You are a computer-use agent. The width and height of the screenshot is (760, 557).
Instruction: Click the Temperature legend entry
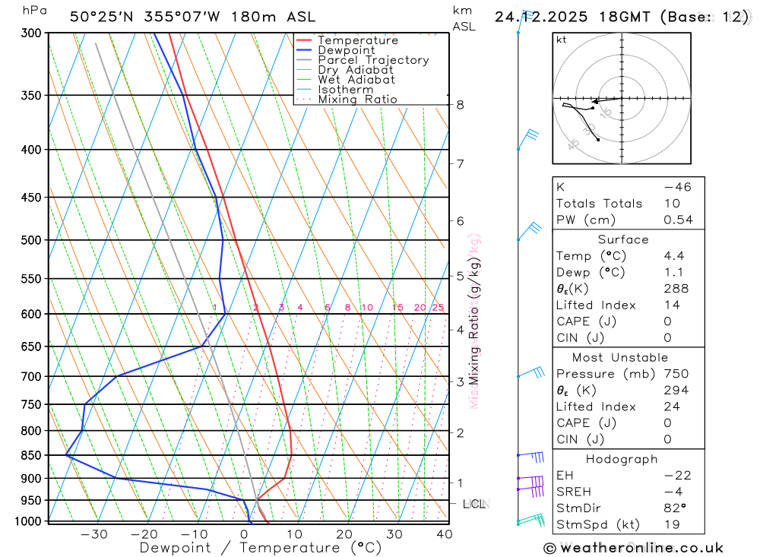click(x=357, y=41)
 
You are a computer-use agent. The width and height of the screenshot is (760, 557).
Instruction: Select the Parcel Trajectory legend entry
click(x=372, y=60)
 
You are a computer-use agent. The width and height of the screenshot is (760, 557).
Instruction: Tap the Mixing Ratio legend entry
click(x=357, y=100)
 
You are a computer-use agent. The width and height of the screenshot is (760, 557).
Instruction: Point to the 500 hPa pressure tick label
click(x=31, y=240)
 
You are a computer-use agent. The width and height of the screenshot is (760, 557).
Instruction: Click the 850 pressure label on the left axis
click(x=31, y=455)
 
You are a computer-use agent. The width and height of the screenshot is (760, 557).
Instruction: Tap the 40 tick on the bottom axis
click(x=445, y=534)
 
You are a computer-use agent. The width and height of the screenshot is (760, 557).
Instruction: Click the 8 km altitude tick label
click(x=461, y=105)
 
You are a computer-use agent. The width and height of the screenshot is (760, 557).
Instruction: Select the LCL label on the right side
click(x=474, y=504)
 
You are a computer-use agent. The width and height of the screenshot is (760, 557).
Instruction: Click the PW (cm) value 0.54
click(x=678, y=220)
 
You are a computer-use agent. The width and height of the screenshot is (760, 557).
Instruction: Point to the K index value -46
click(x=677, y=187)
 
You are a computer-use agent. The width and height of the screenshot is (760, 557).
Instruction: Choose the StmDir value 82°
click(x=675, y=508)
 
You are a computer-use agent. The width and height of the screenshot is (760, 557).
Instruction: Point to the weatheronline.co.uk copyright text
click(x=634, y=548)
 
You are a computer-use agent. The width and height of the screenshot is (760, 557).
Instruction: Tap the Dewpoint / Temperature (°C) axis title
click(x=261, y=548)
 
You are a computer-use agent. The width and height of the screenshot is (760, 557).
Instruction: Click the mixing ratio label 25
click(x=438, y=308)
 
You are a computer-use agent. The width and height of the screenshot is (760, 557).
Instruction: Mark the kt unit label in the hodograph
click(x=562, y=40)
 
